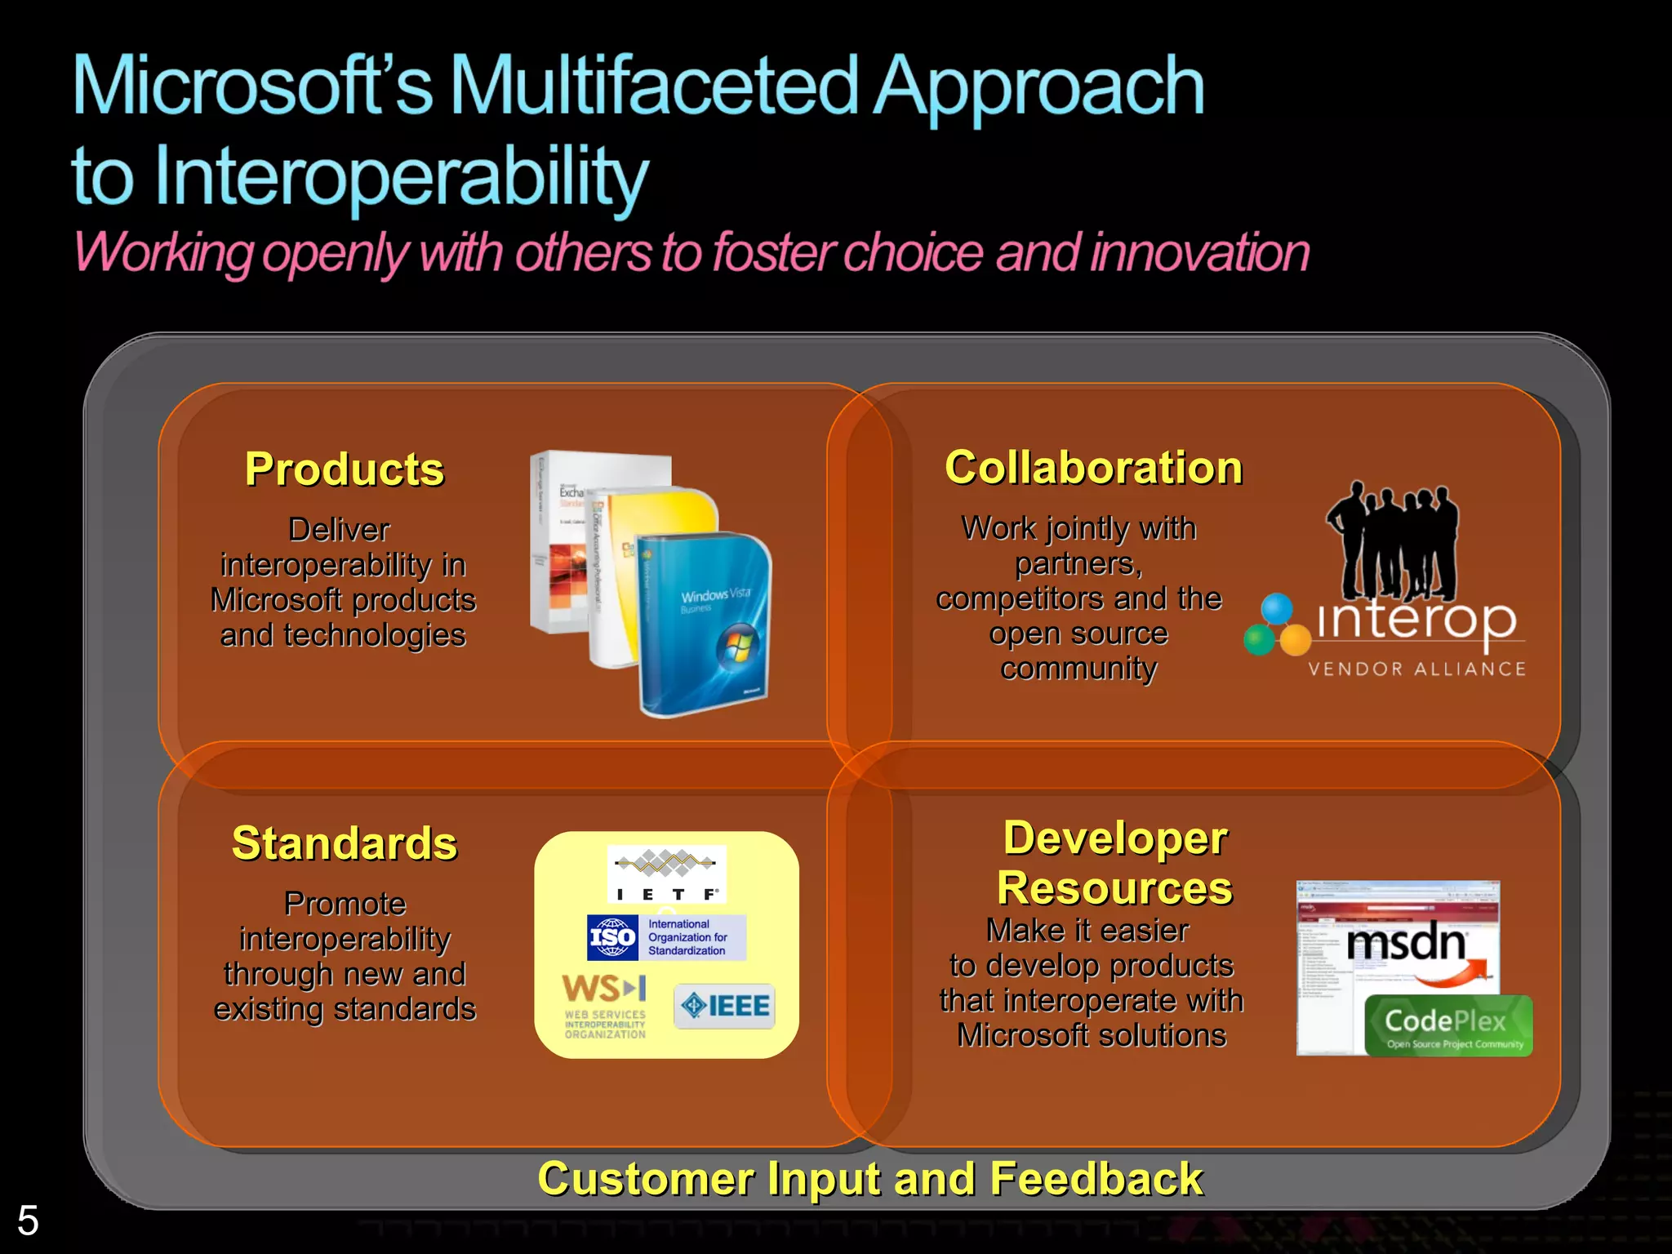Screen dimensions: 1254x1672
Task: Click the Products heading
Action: pos(345,470)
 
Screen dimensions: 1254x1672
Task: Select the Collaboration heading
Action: pos(1093,469)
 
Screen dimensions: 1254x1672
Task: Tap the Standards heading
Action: pos(345,843)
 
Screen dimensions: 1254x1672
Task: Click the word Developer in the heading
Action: pos(1115,838)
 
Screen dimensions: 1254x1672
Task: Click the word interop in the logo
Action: pos(1417,620)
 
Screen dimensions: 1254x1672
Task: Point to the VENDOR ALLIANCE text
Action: pos(1416,669)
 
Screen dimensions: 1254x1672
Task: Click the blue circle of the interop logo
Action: pos(1277,609)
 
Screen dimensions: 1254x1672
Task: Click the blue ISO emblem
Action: pos(612,937)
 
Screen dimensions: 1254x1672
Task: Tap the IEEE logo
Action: pos(725,1006)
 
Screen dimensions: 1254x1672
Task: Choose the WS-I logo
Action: pos(605,1006)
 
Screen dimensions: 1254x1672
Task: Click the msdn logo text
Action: pos(1406,944)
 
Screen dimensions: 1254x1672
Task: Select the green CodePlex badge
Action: pos(1447,1025)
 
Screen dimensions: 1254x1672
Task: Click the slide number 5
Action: pos(28,1221)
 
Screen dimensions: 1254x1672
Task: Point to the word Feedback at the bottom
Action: pos(1096,1179)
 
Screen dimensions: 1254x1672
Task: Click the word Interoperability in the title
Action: pos(400,176)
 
